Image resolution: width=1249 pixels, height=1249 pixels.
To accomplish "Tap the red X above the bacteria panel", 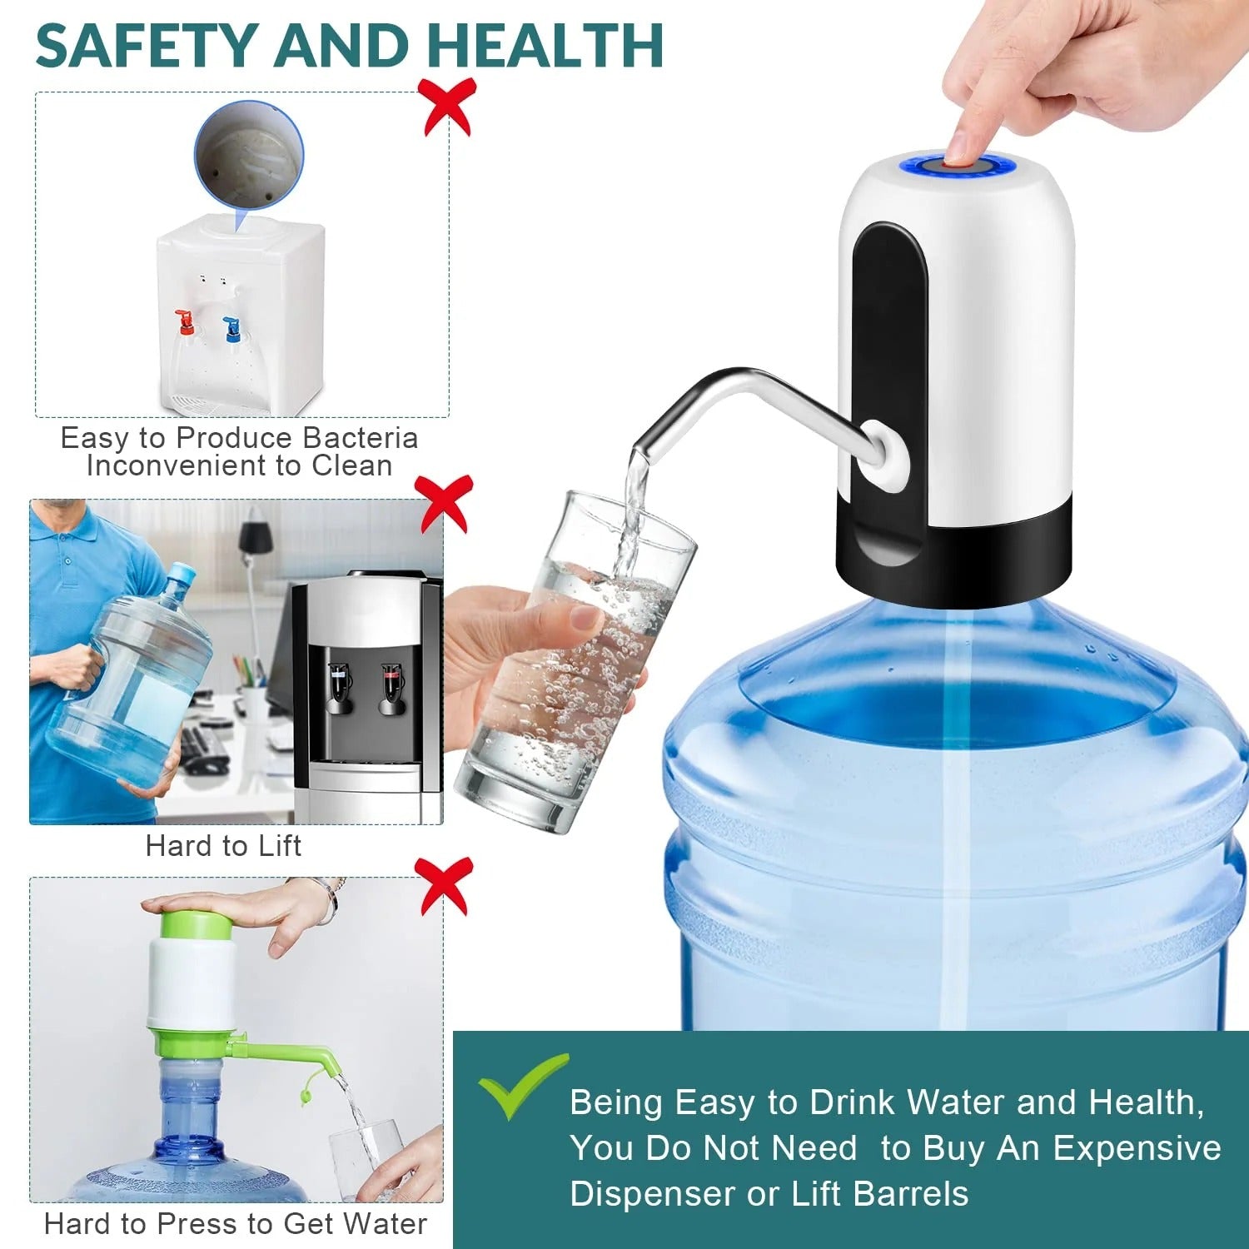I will tap(448, 106).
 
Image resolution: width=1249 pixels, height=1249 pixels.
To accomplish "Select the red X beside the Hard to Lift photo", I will tap(445, 503).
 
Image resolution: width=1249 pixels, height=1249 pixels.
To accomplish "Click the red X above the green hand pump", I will tap(445, 885).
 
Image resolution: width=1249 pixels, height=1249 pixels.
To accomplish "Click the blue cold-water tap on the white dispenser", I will tap(231, 327).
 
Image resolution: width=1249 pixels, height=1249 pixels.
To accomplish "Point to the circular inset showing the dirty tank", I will tap(248, 155).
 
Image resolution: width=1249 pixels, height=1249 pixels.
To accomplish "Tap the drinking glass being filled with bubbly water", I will tap(575, 666).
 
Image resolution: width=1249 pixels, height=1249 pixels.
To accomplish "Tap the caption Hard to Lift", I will tap(223, 846).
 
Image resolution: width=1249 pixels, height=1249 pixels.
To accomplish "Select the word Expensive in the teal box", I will tap(1137, 1148).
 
